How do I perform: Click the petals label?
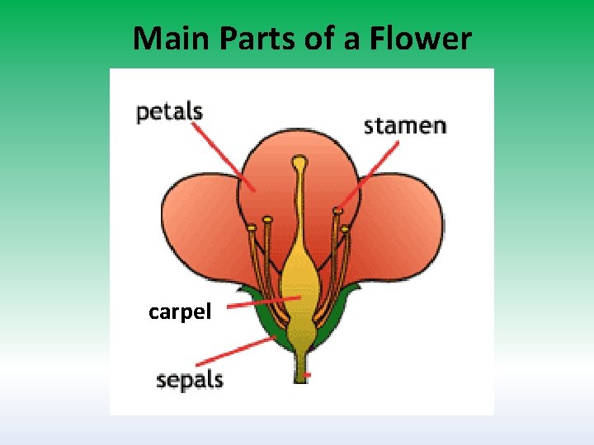click(169, 112)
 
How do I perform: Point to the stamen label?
click(405, 126)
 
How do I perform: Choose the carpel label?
click(180, 311)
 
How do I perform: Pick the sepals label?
click(190, 381)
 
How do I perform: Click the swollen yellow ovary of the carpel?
click(300, 280)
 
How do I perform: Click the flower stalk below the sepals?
click(299, 367)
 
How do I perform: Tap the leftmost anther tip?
click(249, 228)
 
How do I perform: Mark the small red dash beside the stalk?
click(308, 376)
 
